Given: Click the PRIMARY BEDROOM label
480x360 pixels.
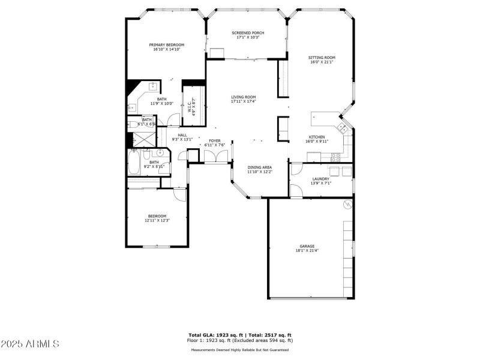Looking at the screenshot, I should pos(166,45).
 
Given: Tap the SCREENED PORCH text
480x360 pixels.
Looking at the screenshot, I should pos(247,33).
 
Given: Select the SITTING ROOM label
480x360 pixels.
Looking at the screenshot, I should pos(321,58).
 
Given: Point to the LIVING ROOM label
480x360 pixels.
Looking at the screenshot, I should pos(243,97).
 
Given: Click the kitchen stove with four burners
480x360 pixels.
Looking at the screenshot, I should pos(335,157).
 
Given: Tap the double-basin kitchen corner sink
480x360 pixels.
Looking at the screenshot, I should pos(342,127).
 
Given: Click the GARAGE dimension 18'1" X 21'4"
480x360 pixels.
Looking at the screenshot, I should pos(307,250).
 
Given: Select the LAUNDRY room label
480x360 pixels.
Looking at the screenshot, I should pos(320,179).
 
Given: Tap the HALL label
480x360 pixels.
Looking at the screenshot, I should pos(182,135).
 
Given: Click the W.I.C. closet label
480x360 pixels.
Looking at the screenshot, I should pos(189,107).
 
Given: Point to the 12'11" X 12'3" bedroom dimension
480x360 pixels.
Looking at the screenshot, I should pos(157,220).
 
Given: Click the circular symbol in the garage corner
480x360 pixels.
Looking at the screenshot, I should pos(346,205).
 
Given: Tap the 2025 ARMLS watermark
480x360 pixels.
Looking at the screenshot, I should pos(30,344).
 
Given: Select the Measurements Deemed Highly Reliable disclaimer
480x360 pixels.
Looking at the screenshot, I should pos(240,350).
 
